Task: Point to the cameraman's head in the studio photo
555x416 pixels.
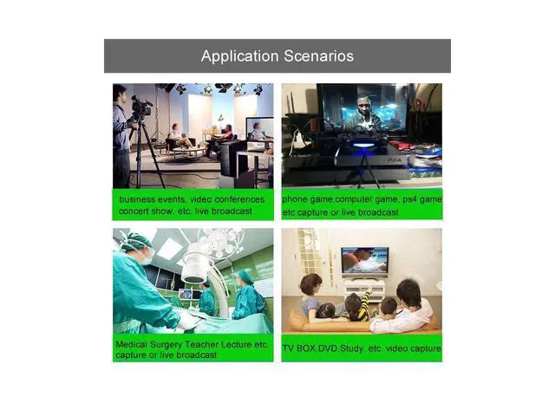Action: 120,93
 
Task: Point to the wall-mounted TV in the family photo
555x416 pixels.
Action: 364,261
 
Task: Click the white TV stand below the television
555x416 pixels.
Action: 363,289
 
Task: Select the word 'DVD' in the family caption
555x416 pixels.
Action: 330,348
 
